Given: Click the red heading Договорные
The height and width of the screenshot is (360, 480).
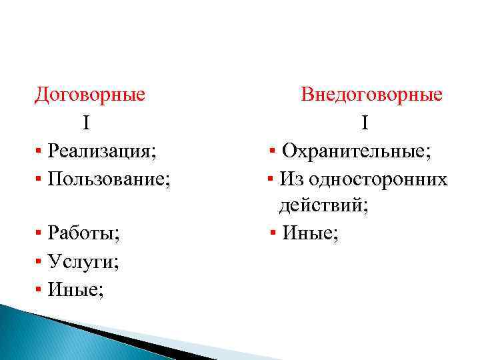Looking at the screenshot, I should (x=90, y=94).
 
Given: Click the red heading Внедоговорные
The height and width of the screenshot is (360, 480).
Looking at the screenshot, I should (x=371, y=94).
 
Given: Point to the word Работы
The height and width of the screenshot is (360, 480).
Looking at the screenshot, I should (x=83, y=234).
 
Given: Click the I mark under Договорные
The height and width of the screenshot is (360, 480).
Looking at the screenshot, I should (x=87, y=123).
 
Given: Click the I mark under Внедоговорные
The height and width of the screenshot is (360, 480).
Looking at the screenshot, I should (x=365, y=123).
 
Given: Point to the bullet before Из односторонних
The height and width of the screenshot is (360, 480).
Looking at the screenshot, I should (x=270, y=179).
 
